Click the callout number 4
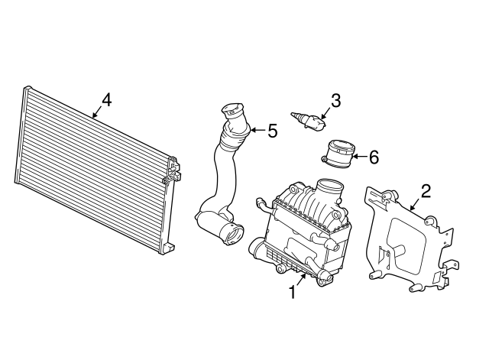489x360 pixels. [x=107, y=100]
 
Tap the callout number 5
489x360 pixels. [x=272, y=131]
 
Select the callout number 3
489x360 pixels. [x=335, y=101]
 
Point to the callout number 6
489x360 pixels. [x=374, y=157]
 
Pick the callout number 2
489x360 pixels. [x=426, y=191]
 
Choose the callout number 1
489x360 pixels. [x=292, y=292]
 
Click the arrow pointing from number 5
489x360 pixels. [x=257, y=130]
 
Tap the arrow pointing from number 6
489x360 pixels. [x=359, y=156]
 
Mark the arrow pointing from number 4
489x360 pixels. [x=97, y=112]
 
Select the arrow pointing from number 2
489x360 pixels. [x=415, y=205]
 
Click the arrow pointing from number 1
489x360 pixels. [x=300, y=280]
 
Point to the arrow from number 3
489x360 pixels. [x=326, y=113]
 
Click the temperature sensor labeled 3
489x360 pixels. [x=308, y=120]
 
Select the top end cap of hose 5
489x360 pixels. [x=232, y=110]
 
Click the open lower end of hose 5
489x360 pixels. [x=232, y=235]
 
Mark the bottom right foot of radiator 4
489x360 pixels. [x=168, y=248]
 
